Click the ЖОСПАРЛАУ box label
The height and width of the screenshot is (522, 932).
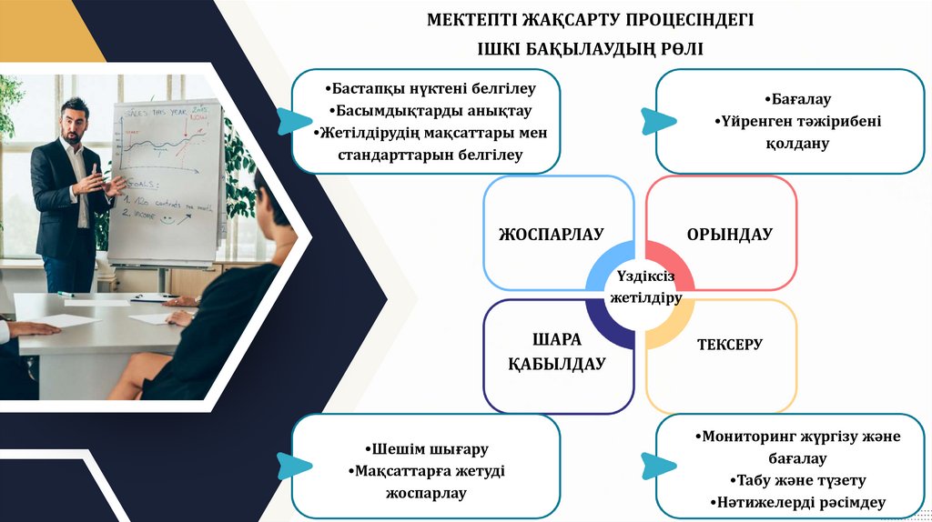[552, 235]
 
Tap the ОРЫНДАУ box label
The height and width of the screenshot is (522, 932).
[729, 235]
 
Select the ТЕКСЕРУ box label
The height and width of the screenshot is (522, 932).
[729, 345]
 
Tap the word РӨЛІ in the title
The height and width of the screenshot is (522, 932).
[677, 47]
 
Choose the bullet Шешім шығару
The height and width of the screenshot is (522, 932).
[426, 449]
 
